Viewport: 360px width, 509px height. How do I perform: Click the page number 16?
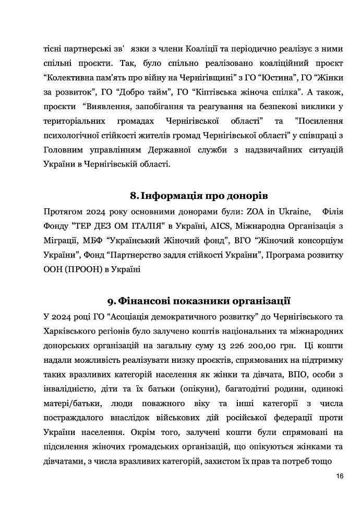pyautogui.click(x=340, y=476)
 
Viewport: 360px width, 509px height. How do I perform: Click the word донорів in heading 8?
pyautogui.click(x=246, y=196)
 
